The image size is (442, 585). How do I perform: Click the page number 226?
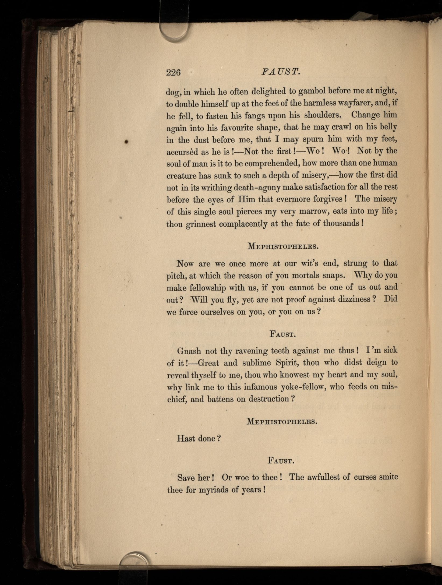pyautogui.click(x=173, y=73)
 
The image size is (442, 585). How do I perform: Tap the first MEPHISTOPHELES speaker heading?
pyautogui.click(x=283, y=246)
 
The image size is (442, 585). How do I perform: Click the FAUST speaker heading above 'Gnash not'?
pyautogui.click(x=283, y=334)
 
